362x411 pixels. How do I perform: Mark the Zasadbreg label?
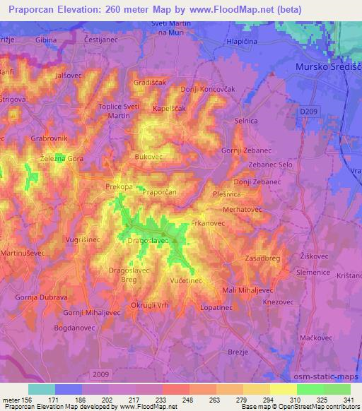click(264, 259)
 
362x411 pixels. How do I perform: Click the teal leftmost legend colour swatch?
click(42, 389)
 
